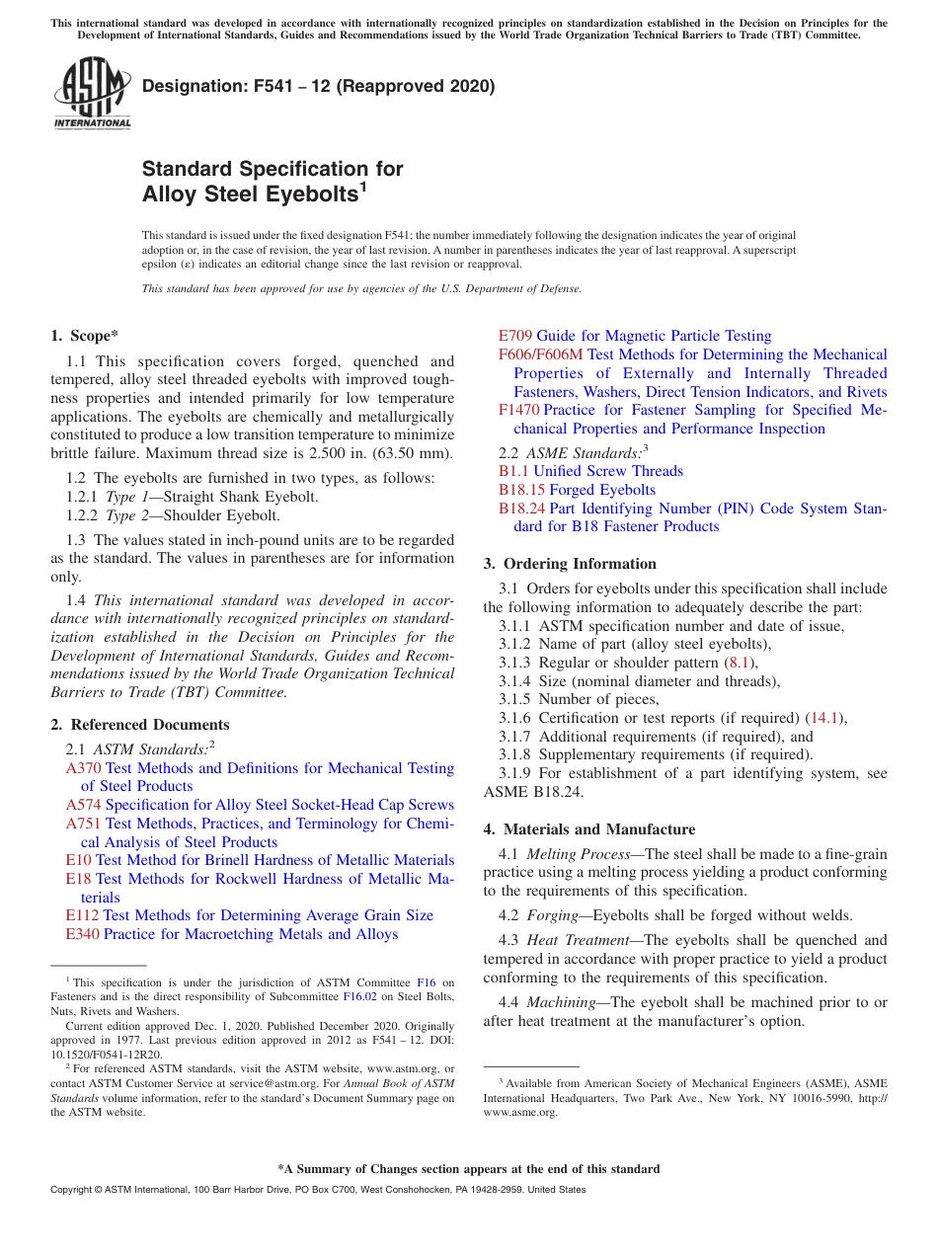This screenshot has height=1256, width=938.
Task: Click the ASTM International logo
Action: coord(92,93)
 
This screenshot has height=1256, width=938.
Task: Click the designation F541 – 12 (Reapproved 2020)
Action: coord(318,86)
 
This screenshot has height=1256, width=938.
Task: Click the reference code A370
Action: coord(84,768)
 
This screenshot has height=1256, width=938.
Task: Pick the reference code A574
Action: coord(84,805)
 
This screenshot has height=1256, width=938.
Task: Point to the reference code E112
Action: coord(83,915)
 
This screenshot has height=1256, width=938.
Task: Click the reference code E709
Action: coord(515,336)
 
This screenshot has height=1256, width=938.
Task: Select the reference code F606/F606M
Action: coord(541,354)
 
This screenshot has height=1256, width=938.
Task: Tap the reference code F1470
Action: coord(519,410)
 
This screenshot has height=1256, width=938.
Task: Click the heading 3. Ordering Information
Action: coord(570,564)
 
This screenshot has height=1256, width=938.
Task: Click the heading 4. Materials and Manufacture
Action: coord(588,829)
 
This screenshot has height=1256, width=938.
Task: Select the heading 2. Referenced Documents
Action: coord(140,725)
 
